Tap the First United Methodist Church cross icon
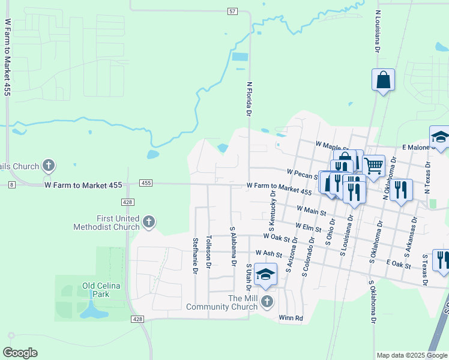(x=148, y=223)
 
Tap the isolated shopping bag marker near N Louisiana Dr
(x=383, y=80)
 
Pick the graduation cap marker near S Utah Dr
(x=265, y=274)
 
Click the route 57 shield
(x=233, y=11)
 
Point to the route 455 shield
(x=146, y=182)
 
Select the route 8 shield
(x=11, y=185)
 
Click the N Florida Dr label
(x=247, y=98)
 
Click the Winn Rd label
(x=291, y=318)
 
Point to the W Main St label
(x=312, y=210)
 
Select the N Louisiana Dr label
(x=378, y=31)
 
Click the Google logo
(x=20, y=353)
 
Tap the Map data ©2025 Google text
(x=411, y=355)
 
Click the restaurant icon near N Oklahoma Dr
(x=400, y=189)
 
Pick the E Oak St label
(x=399, y=263)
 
